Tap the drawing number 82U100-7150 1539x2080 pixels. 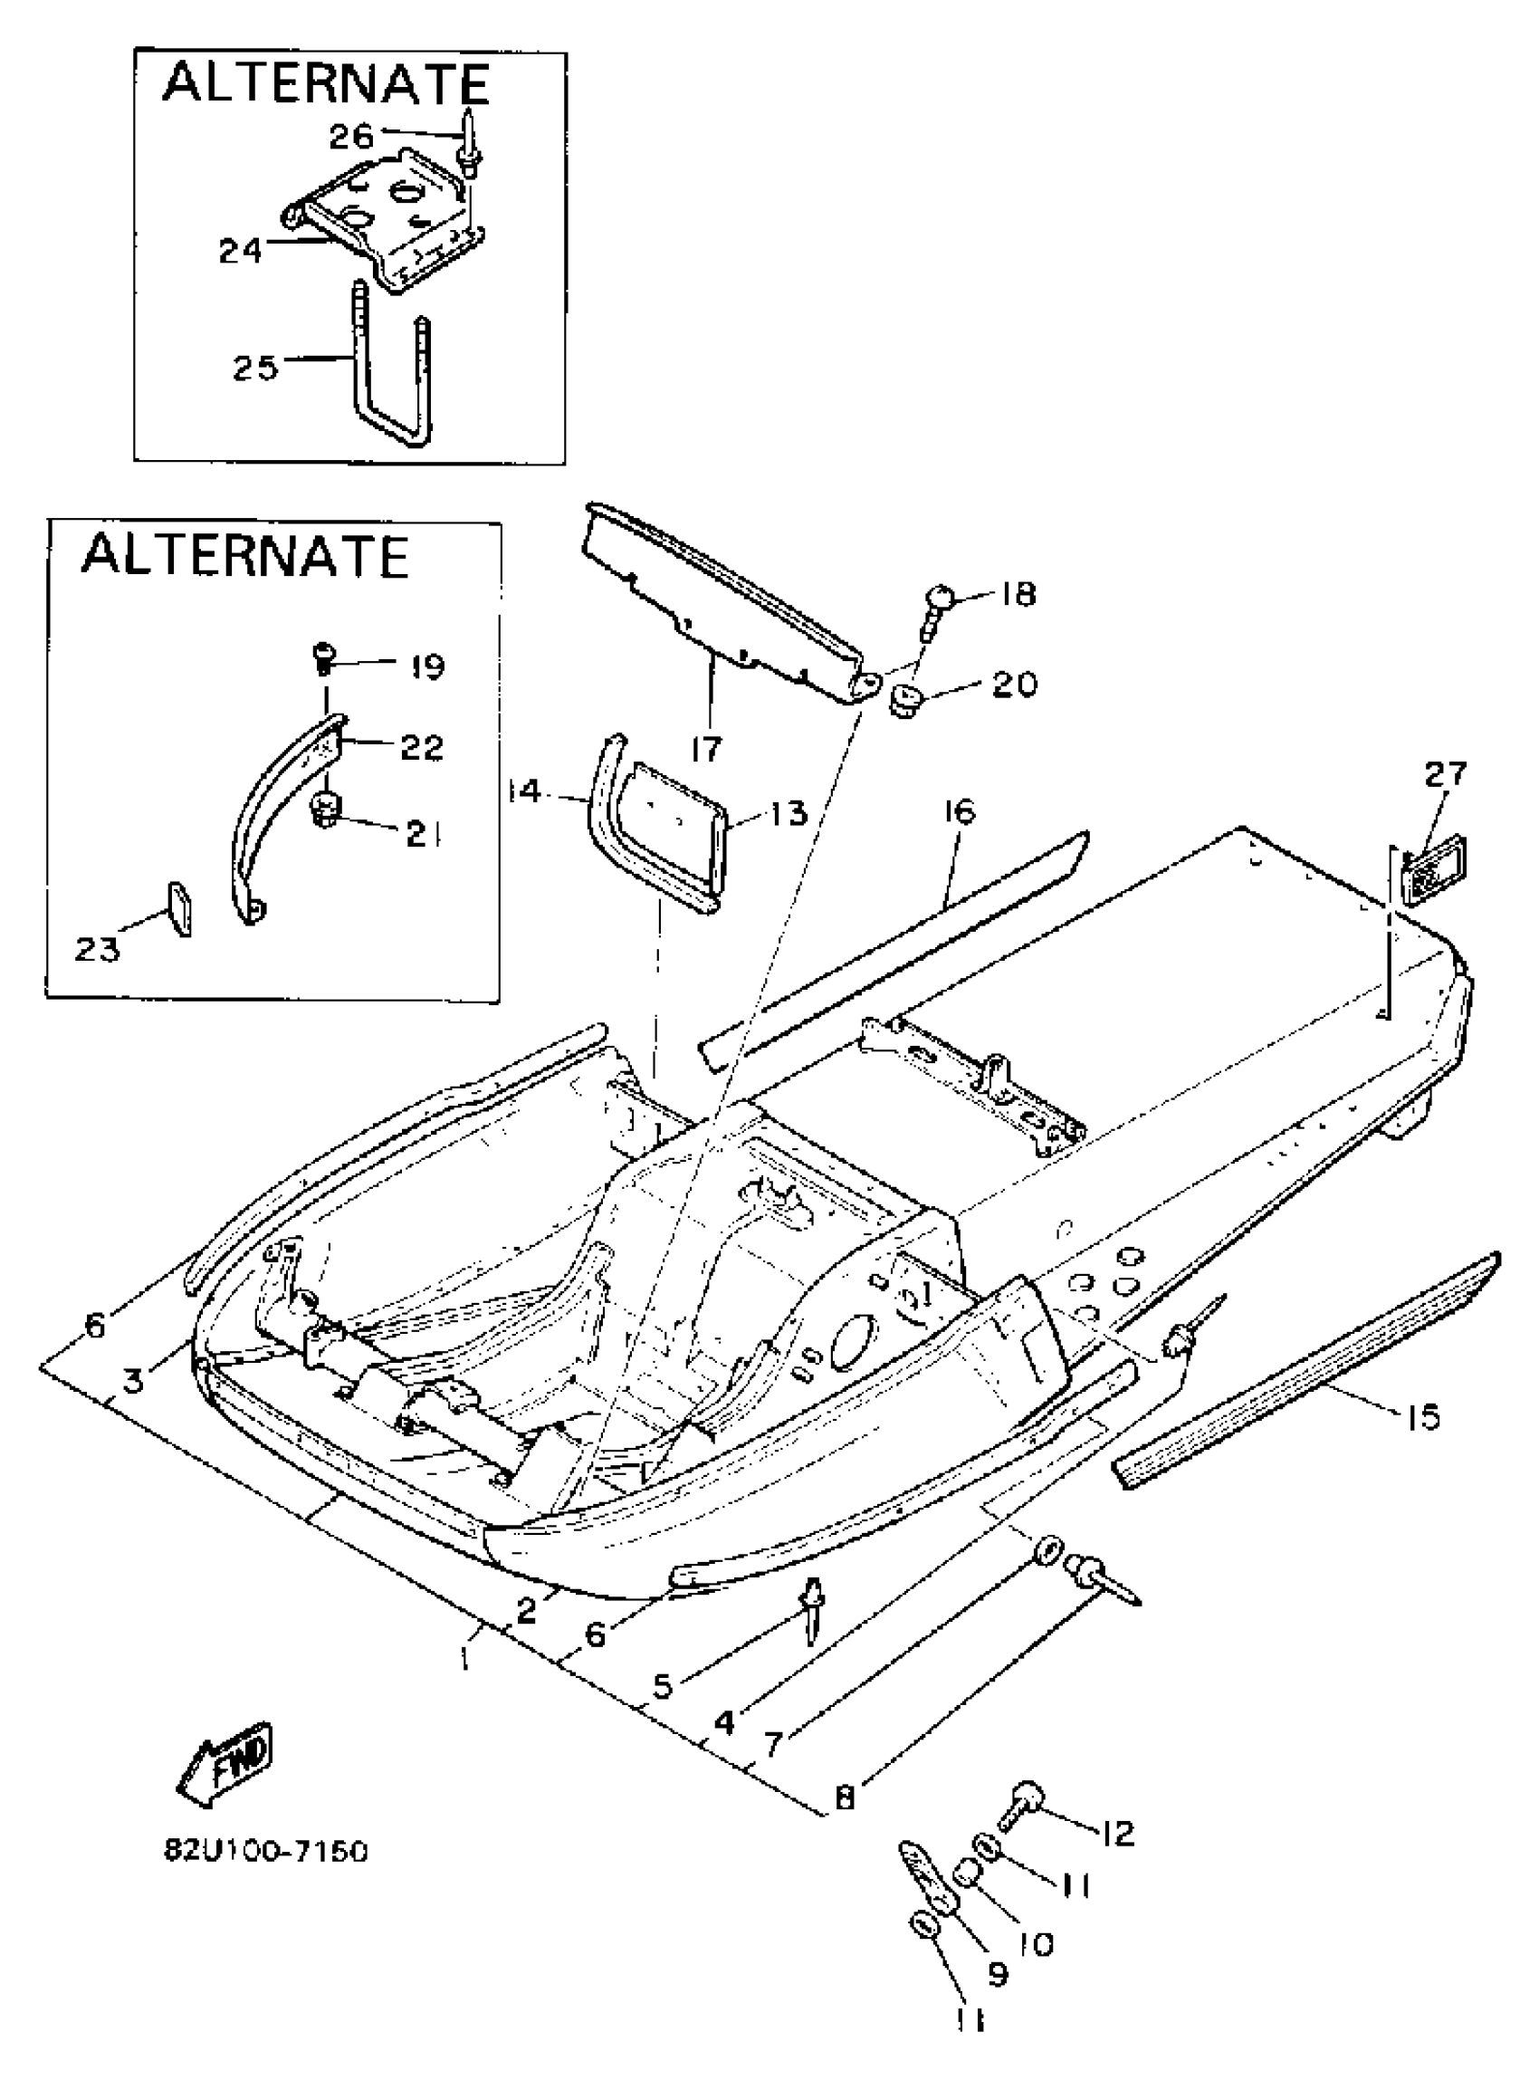[x=266, y=1850]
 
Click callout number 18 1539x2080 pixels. [x=1021, y=595]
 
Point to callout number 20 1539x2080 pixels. [x=1015, y=684]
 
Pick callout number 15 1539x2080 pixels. [x=1421, y=1417]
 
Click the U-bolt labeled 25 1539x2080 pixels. [x=392, y=373]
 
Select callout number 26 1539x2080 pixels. [x=351, y=137]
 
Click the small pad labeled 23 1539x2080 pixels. [x=181, y=906]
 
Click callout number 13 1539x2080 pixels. [x=789, y=812]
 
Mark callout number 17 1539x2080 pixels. [x=707, y=747]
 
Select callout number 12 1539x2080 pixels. [x=1117, y=1833]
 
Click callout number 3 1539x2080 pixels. [x=134, y=1381]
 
